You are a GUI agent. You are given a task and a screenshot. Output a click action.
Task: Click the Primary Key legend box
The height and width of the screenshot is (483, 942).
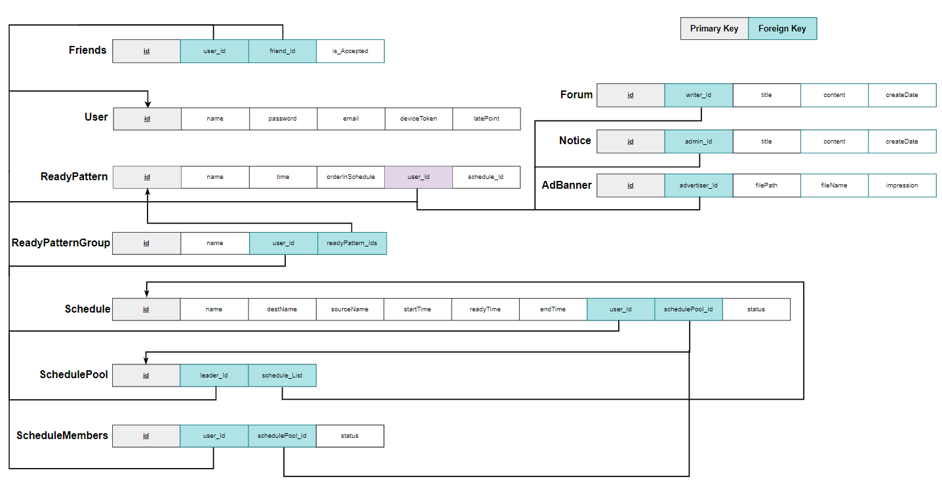[714, 29]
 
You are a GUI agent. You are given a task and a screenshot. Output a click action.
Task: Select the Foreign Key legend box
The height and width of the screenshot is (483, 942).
[782, 29]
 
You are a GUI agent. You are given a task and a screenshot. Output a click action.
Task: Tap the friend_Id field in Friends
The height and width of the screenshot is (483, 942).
[283, 51]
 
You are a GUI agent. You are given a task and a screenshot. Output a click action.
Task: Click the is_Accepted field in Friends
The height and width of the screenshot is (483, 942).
[350, 51]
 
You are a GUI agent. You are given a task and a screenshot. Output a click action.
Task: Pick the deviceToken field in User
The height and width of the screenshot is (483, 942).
[418, 119]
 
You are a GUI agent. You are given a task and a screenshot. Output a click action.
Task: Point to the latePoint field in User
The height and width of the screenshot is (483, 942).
[486, 119]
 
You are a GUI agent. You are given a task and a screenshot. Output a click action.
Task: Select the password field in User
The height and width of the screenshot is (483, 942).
[283, 119]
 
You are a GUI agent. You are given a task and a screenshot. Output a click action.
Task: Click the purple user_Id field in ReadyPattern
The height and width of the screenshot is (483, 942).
[418, 177]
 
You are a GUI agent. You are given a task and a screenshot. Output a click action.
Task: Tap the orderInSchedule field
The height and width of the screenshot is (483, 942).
[351, 177]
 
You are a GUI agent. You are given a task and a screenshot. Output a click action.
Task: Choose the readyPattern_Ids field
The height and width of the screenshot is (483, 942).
[352, 243]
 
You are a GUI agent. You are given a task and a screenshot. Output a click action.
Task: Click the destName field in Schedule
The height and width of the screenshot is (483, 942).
[282, 309]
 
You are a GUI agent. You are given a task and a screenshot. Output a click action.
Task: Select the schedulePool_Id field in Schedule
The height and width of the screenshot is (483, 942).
[688, 309]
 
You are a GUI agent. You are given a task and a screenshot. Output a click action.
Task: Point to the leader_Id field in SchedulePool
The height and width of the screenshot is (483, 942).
[214, 376]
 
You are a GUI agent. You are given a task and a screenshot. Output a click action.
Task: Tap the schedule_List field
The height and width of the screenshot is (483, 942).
[282, 376]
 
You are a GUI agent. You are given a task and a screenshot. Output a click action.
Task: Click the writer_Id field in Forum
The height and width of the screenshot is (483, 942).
[698, 95]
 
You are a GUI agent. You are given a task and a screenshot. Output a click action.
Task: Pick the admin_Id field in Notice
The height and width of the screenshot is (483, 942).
[698, 142]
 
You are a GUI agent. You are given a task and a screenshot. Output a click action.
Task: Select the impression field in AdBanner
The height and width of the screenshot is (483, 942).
[902, 185]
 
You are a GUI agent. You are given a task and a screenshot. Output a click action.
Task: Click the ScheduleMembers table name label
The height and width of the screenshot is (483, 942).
[62, 435]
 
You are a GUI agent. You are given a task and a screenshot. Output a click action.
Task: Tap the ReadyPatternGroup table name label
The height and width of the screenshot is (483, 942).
[61, 243]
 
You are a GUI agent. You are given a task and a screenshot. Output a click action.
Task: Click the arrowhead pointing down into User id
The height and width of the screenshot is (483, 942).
[148, 103]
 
